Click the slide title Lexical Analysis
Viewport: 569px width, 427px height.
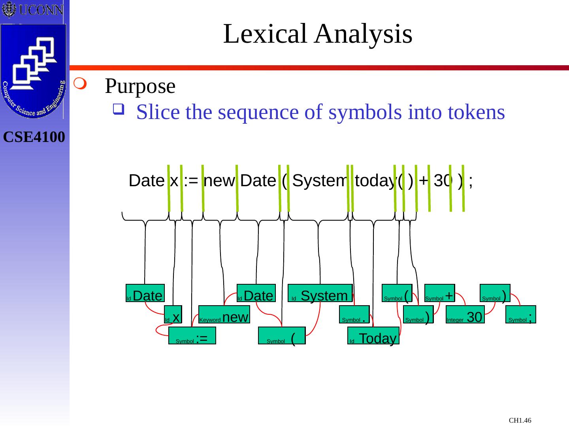point(318,34)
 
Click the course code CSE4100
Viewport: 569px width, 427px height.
point(34,137)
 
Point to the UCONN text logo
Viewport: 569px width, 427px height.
point(32,9)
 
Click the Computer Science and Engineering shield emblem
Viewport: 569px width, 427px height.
point(34,71)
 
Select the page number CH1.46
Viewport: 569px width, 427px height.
point(520,420)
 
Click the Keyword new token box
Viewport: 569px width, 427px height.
point(224,314)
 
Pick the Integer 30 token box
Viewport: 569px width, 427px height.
point(465,314)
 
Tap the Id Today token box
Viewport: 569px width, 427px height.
point(373,335)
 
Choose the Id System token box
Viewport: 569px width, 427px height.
point(320,293)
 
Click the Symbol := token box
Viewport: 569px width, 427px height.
point(192,335)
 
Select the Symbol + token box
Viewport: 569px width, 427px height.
point(439,293)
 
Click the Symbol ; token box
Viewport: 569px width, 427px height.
point(520,314)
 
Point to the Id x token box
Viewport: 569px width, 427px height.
point(173,314)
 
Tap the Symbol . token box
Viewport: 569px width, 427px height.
point(354,314)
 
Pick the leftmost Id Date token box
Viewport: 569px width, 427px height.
point(145,293)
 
